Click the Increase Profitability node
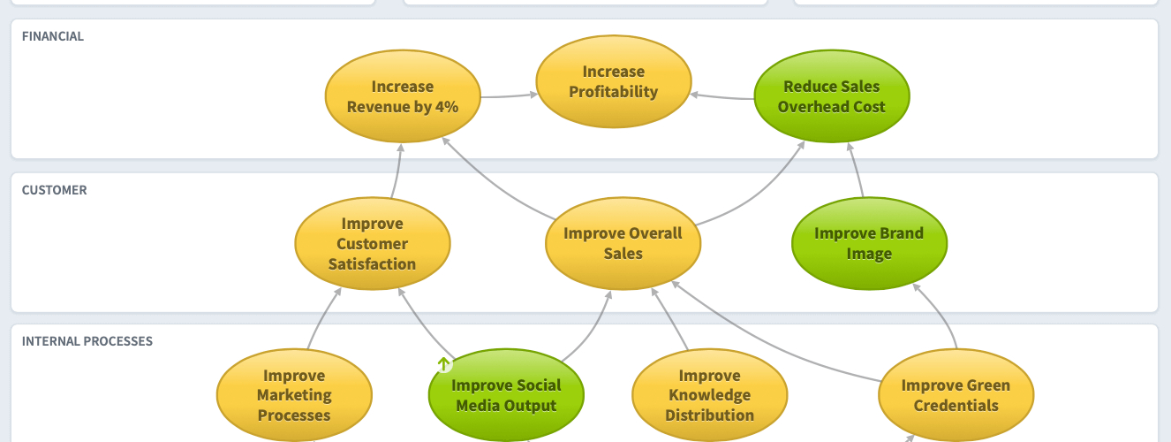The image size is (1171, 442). pyautogui.click(x=614, y=81)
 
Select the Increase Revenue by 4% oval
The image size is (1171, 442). pyautogui.click(x=403, y=96)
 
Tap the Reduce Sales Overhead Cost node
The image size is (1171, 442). pyautogui.click(x=832, y=96)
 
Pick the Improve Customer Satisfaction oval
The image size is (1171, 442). pyautogui.click(x=372, y=244)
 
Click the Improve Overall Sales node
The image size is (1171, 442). pyautogui.click(x=623, y=244)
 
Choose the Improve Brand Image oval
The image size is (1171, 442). pyautogui.click(x=869, y=244)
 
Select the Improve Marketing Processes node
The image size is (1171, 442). pyautogui.click(x=294, y=395)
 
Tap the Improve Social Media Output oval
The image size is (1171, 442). pyautogui.click(x=506, y=395)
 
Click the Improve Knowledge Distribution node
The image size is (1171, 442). pyautogui.click(x=709, y=395)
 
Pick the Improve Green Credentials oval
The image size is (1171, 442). pyautogui.click(x=956, y=395)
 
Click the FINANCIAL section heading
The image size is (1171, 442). pyautogui.click(x=53, y=36)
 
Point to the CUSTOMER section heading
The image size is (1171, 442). pyautogui.click(x=55, y=190)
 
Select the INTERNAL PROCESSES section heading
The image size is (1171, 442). pyautogui.click(x=87, y=341)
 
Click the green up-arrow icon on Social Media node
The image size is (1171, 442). pyautogui.click(x=444, y=363)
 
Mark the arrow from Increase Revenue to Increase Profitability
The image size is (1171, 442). pyautogui.click(x=510, y=95)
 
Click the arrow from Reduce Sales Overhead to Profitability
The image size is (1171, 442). pyautogui.click(x=722, y=96)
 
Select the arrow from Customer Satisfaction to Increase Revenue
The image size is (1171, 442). pyautogui.click(x=397, y=171)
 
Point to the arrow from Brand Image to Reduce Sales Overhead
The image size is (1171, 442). pyautogui.click(x=855, y=170)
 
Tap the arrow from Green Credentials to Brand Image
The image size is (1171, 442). pyautogui.click(x=940, y=313)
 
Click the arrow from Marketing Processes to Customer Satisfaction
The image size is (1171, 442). pyautogui.click(x=322, y=317)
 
